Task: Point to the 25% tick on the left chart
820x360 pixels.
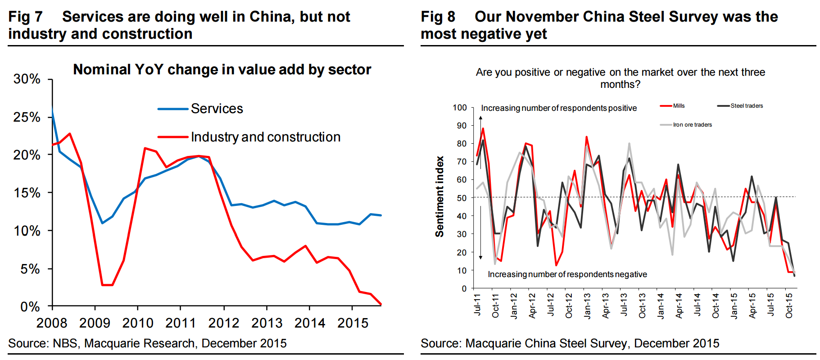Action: pyautogui.click(x=27, y=117)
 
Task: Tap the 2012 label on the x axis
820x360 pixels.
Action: pyautogui.click(x=224, y=323)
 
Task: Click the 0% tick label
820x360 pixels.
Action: pyautogui.click(x=30, y=307)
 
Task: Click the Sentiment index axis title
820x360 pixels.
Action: pyautogui.click(x=439, y=196)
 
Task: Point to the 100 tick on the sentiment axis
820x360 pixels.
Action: pyautogui.click(x=460, y=107)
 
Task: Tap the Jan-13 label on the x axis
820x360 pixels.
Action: pyautogui.click(x=587, y=306)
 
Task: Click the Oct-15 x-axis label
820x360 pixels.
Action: pyautogui.click(x=789, y=306)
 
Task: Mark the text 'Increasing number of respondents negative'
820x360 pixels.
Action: pyautogui.click(x=567, y=274)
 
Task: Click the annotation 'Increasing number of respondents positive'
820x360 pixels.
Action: pyautogui.click(x=559, y=108)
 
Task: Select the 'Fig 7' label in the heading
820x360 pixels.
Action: pyautogui.click(x=25, y=17)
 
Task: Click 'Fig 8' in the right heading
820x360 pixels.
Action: pyautogui.click(x=438, y=17)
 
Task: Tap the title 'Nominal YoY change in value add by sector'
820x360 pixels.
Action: pyautogui.click(x=222, y=69)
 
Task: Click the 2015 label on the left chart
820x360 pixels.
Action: pyautogui.click(x=353, y=323)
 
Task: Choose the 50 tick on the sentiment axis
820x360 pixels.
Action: pyautogui.click(x=462, y=198)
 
